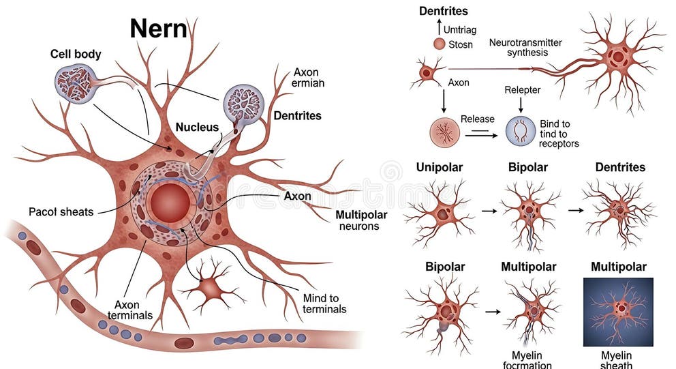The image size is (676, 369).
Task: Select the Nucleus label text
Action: tap(197, 127)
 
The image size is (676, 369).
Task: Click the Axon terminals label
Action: tap(129, 310)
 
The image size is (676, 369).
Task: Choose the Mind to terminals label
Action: tap(324, 304)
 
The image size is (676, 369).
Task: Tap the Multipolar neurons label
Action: tap(358, 220)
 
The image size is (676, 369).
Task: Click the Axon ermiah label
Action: tap(308, 77)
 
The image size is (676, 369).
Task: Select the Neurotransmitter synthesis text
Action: tap(525, 48)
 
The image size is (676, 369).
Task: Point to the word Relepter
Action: tap(522, 89)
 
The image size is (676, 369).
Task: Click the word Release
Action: tap(477, 119)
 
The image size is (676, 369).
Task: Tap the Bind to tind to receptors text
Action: tap(558, 134)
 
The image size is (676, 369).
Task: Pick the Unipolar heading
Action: tap(440, 167)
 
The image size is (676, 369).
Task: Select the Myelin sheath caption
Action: tap(617, 360)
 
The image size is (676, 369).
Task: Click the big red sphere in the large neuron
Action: tap(170, 203)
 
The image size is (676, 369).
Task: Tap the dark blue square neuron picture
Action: tap(618, 311)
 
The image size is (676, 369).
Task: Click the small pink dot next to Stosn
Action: tap(439, 44)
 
